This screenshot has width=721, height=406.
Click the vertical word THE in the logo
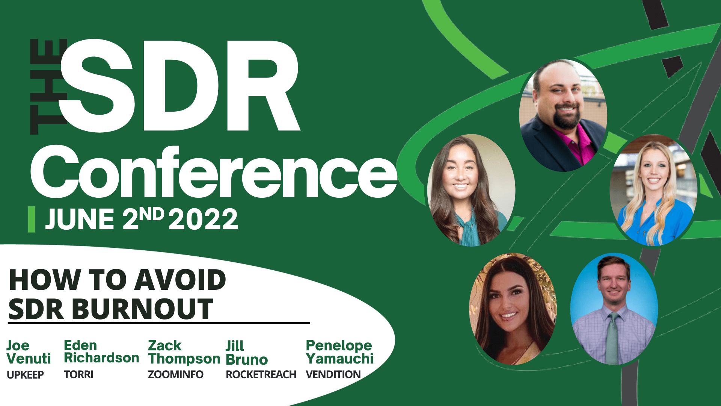(x=48, y=86)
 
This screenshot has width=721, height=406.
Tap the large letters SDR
(x=179, y=86)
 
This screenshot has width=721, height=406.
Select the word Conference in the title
(x=214, y=172)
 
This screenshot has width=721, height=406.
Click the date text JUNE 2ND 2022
(x=142, y=219)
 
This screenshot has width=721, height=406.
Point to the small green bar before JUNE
(x=32, y=219)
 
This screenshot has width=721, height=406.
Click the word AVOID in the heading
(x=180, y=280)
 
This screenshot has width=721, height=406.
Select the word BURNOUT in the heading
(x=142, y=309)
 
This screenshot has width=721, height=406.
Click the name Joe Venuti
(x=29, y=352)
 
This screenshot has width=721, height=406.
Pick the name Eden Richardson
(x=101, y=351)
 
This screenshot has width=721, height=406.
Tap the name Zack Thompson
(x=184, y=353)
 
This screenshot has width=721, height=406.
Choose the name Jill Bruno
(x=247, y=353)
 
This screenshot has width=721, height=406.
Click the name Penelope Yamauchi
(x=339, y=352)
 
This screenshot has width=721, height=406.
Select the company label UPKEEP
(x=25, y=375)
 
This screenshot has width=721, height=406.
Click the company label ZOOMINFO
(x=176, y=375)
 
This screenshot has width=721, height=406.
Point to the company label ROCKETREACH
(x=261, y=375)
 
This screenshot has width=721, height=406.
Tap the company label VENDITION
(x=333, y=375)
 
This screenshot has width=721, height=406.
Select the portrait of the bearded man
(x=563, y=115)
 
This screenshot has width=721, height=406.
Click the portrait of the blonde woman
(x=654, y=191)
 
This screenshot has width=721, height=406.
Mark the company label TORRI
(x=78, y=375)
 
